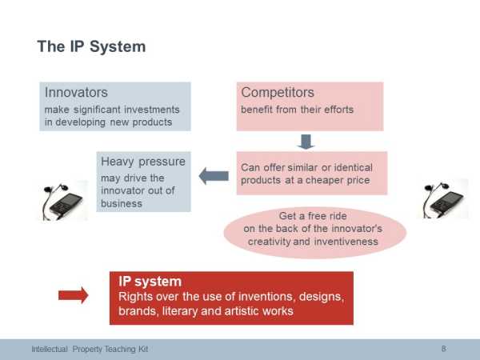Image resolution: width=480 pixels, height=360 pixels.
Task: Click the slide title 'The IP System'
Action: (x=91, y=47)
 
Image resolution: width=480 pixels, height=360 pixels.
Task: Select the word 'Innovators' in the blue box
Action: (x=76, y=93)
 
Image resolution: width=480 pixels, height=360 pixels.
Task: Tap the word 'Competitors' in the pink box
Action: (x=278, y=93)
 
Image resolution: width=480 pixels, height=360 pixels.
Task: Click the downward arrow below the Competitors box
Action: (x=306, y=142)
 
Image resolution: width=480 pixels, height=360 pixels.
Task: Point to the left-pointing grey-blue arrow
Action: (x=214, y=176)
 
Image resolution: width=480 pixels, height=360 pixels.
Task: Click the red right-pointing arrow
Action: (x=74, y=295)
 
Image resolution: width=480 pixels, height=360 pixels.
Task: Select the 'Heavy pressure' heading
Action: (x=143, y=162)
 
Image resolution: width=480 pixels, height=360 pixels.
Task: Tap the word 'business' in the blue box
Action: (x=122, y=203)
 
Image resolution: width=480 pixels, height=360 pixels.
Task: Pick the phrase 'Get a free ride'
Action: (x=313, y=216)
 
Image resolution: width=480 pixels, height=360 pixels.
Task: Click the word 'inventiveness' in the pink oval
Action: (x=346, y=242)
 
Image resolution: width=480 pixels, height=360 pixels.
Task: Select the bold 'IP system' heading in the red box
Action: (x=150, y=282)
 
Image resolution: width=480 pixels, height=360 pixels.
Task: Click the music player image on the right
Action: (x=443, y=200)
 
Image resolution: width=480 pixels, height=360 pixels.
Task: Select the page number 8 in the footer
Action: (x=443, y=348)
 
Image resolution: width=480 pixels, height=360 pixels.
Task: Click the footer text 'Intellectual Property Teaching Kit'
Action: (x=90, y=349)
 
